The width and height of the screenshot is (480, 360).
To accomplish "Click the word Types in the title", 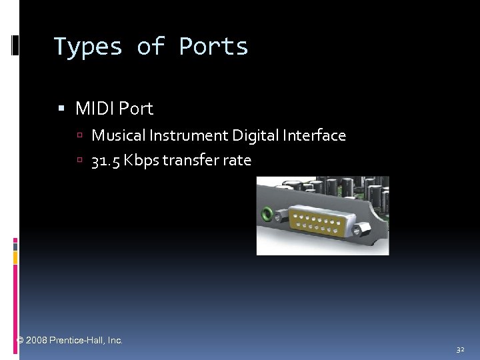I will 87,47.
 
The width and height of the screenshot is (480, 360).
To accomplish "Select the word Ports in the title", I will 213,47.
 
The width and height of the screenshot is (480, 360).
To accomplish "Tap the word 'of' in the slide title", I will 151,47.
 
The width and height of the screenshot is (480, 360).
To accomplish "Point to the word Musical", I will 118,136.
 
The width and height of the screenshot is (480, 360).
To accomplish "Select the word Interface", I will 314,136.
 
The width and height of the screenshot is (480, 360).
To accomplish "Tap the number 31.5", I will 107,161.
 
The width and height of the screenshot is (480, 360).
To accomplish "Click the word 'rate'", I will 237,161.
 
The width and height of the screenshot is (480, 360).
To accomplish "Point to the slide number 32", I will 460,349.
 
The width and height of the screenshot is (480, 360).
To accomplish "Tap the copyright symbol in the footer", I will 20,340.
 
